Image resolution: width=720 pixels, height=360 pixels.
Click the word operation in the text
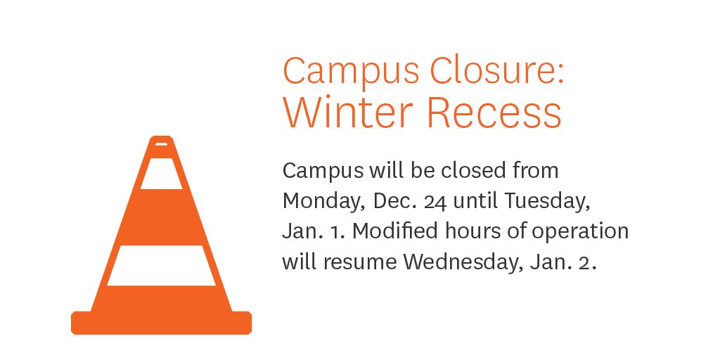(x=583, y=232)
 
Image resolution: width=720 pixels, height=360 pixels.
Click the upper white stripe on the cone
(x=161, y=174)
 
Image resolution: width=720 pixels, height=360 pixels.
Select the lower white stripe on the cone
(x=161, y=265)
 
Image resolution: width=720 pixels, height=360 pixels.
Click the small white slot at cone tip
(x=161, y=144)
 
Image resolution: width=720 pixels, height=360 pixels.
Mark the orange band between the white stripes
(x=161, y=217)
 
